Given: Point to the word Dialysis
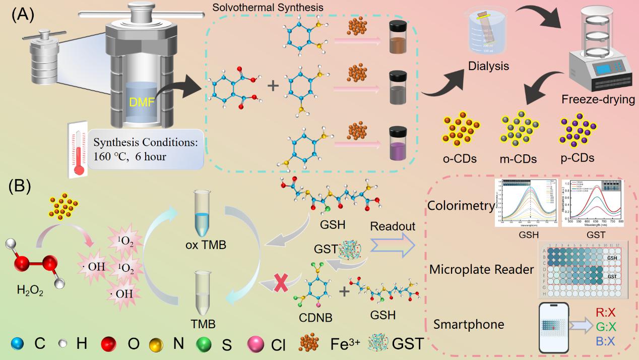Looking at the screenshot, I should pos(488,66).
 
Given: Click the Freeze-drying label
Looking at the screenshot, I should pos(598,99).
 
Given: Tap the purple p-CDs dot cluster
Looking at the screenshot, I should pos(578,132).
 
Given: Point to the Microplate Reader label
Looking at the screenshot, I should pos(481,270).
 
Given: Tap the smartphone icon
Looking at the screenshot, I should pos(554,327).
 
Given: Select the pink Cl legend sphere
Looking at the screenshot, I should pos(256,344).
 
